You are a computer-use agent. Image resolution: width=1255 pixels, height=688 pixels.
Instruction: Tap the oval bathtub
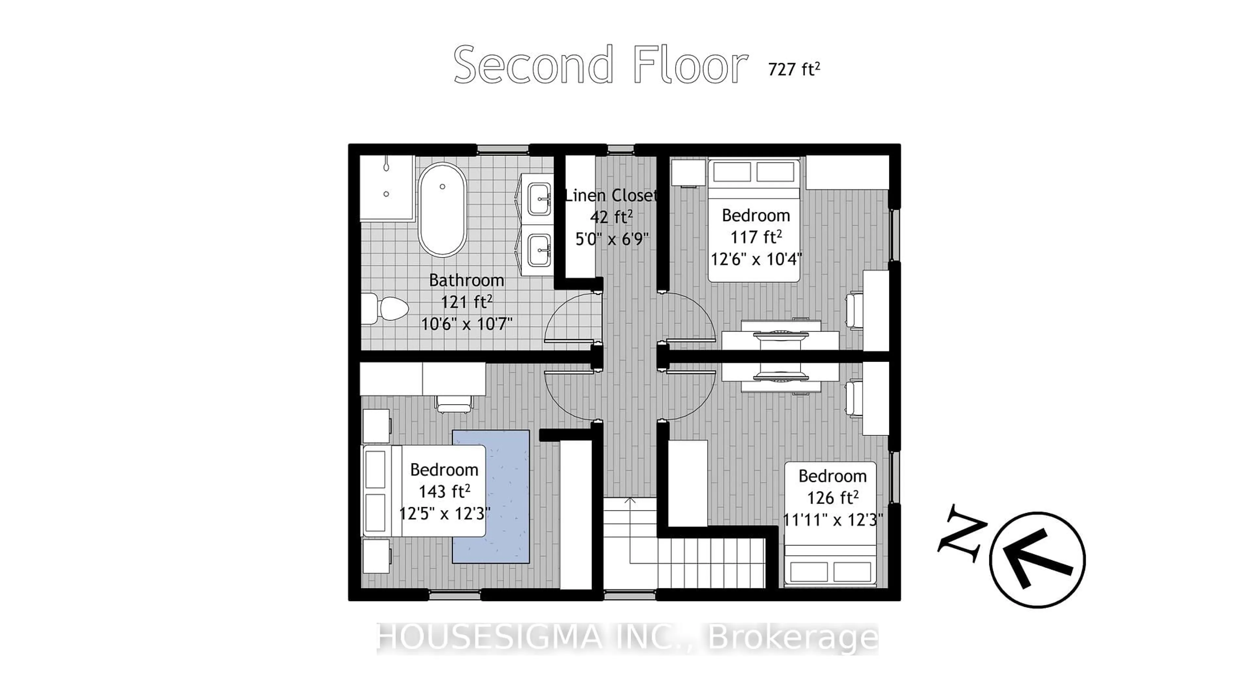pyautogui.click(x=442, y=210)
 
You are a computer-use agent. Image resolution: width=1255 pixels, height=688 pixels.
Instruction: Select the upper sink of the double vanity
pyautogui.click(x=539, y=198)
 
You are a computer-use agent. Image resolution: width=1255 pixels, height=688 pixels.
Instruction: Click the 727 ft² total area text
pyautogui.click(x=794, y=69)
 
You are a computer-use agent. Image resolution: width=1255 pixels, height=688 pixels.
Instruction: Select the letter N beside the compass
pyautogui.click(x=961, y=533)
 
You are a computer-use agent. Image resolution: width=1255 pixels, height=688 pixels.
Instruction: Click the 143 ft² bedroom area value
pyautogui.click(x=444, y=491)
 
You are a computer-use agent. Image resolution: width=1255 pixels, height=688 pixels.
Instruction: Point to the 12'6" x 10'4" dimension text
pyautogui.click(x=756, y=259)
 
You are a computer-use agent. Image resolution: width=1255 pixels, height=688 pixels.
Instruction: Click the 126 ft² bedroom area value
pyautogui.click(x=832, y=497)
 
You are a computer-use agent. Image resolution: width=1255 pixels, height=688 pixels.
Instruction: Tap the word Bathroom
pyautogui.click(x=466, y=280)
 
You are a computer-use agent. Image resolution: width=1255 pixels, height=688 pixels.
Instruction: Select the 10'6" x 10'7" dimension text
pyautogui.click(x=466, y=323)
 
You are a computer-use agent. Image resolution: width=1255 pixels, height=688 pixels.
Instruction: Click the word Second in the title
pyautogui.click(x=533, y=65)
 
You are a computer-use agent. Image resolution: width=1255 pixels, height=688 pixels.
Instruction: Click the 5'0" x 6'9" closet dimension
pyautogui.click(x=612, y=239)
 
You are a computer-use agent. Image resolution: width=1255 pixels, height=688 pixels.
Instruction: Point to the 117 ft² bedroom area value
pyautogui.click(x=756, y=237)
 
